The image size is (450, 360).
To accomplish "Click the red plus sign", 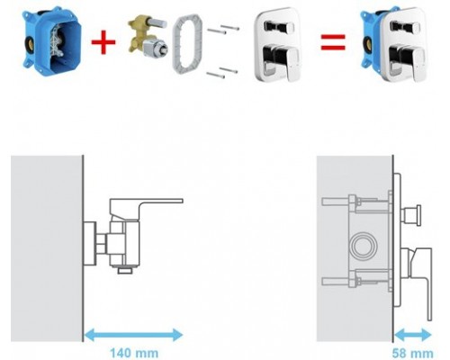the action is tap(103, 42).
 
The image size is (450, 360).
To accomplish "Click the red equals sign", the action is tap(333, 42).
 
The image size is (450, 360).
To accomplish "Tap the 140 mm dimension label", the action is tap(134, 353).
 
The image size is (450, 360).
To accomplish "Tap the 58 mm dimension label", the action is tap(413, 354).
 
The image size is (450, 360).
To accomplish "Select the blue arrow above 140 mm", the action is tap(133, 335).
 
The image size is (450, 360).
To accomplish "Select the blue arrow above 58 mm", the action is tap(413, 335).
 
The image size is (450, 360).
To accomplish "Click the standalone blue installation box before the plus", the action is tap(52, 42).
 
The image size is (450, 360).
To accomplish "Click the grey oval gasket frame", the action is tap(187, 43).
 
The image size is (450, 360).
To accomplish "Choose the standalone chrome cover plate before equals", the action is tap(278, 44).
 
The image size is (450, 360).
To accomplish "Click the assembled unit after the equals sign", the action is tap(393, 44).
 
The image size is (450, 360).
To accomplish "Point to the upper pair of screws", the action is tap(223, 29).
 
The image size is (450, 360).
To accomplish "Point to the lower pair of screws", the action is tap(221, 72).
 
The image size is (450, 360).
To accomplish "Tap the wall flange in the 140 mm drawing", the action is tap(90, 244).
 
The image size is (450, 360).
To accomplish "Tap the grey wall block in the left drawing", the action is tap(47, 248).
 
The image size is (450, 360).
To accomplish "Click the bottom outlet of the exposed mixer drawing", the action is tap(125, 270).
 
